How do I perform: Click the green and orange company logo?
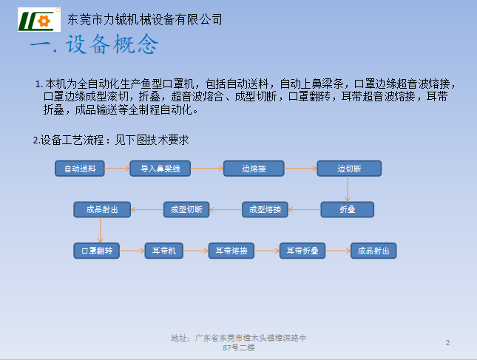(x=39, y=19)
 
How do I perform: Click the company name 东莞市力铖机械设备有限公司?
(x=145, y=19)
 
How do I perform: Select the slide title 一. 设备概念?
(x=95, y=44)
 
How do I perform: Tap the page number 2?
(x=447, y=343)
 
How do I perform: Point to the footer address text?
(x=239, y=343)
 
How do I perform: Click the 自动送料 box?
(x=80, y=169)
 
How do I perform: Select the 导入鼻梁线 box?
(x=160, y=169)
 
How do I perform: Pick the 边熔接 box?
(x=254, y=169)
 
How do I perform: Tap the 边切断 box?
(x=349, y=169)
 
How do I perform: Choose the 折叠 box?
(x=348, y=209)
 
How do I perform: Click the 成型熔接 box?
(x=265, y=209)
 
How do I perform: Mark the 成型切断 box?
(x=186, y=209)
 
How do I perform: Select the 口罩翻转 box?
(x=96, y=251)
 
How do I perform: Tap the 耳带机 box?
(x=164, y=251)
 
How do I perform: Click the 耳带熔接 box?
(x=231, y=251)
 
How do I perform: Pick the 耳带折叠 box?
(x=302, y=251)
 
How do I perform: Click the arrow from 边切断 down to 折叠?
(x=348, y=189)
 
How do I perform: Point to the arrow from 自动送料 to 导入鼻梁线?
(x=117, y=168)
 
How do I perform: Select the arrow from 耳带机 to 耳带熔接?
(x=195, y=251)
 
